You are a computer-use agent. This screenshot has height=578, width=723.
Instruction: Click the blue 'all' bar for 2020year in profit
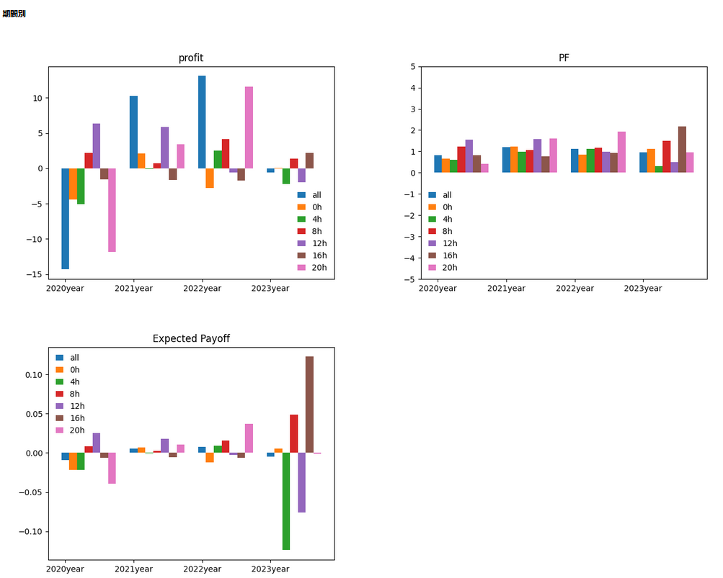click(x=65, y=218)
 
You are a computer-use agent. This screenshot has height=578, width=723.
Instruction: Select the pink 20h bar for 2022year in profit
click(x=249, y=127)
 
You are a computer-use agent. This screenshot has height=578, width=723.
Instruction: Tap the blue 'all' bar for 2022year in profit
click(x=202, y=122)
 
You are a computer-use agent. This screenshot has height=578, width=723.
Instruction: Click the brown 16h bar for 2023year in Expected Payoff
click(x=309, y=405)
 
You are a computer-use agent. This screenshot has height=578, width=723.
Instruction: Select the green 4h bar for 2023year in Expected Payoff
click(x=286, y=501)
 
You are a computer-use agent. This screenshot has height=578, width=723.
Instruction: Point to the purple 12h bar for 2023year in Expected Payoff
click(x=301, y=482)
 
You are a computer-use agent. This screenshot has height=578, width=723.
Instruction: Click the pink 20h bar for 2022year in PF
click(x=621, y=152)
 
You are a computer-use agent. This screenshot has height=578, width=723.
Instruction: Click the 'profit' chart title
click(x=191, y=58)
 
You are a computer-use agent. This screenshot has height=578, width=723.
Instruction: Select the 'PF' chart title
click(x=564, y=58)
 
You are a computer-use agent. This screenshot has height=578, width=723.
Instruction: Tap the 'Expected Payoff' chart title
click(x=191, y=338)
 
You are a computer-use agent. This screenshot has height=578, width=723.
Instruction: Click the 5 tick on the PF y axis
click(x=412, y=67)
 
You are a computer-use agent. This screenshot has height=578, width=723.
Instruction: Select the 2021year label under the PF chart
click(x=506, y=289)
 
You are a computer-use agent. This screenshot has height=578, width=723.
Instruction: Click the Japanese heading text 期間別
click(x=14, y=14)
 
